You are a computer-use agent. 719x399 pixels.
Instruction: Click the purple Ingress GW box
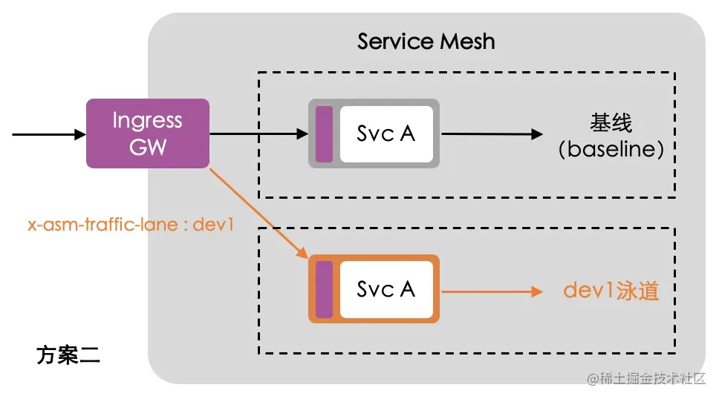click(148, 133)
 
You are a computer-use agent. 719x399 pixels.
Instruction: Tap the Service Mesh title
click(426, 40)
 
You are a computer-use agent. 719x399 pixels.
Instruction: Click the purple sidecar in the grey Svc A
click(324, 133)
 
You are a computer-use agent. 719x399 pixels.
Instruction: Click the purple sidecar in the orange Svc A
click(324, 289)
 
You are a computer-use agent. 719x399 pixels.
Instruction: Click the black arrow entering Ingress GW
click(49, 134)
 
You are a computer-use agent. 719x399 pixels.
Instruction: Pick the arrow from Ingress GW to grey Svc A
click(258, 134)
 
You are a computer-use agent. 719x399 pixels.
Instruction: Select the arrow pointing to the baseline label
click(491, 134)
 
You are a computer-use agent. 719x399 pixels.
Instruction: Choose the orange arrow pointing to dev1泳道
click(491, 290)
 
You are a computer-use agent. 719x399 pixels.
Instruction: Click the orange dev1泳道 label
click(611, 290)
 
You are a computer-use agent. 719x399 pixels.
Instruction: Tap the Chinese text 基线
click(611, 122)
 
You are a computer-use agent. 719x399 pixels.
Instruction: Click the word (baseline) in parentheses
click(611, 149)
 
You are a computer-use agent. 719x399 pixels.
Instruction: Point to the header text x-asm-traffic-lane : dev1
click(131, 225)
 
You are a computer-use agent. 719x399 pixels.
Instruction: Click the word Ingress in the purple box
click(148, 120)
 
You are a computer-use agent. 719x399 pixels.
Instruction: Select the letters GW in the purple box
click(148, 146)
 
